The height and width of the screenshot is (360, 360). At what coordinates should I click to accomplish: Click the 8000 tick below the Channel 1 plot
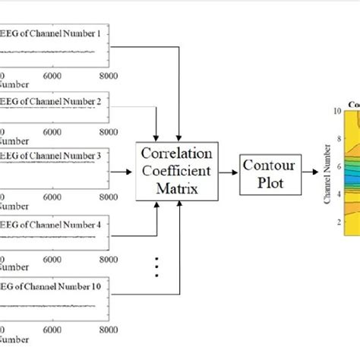[x=109, y=76]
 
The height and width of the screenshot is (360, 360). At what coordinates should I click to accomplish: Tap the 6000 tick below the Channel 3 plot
[x=55, y=196]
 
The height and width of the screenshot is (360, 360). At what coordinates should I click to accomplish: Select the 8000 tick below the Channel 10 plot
[x=109, y=331]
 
